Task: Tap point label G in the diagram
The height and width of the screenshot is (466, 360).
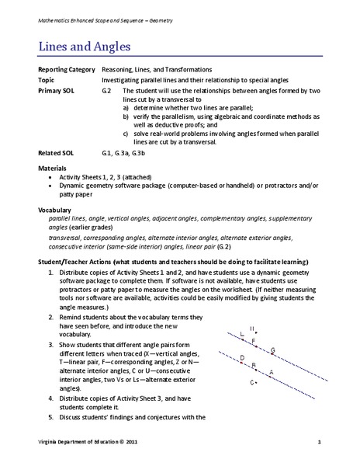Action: click(x=272, y=350)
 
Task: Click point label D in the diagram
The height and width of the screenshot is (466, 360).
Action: click(x=242, y=358)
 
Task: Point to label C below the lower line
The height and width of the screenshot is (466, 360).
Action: click(x=251, y=383)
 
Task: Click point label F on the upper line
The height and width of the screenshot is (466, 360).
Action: click(x=254, y=341)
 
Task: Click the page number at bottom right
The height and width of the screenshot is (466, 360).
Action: click(x=319, y=442)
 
